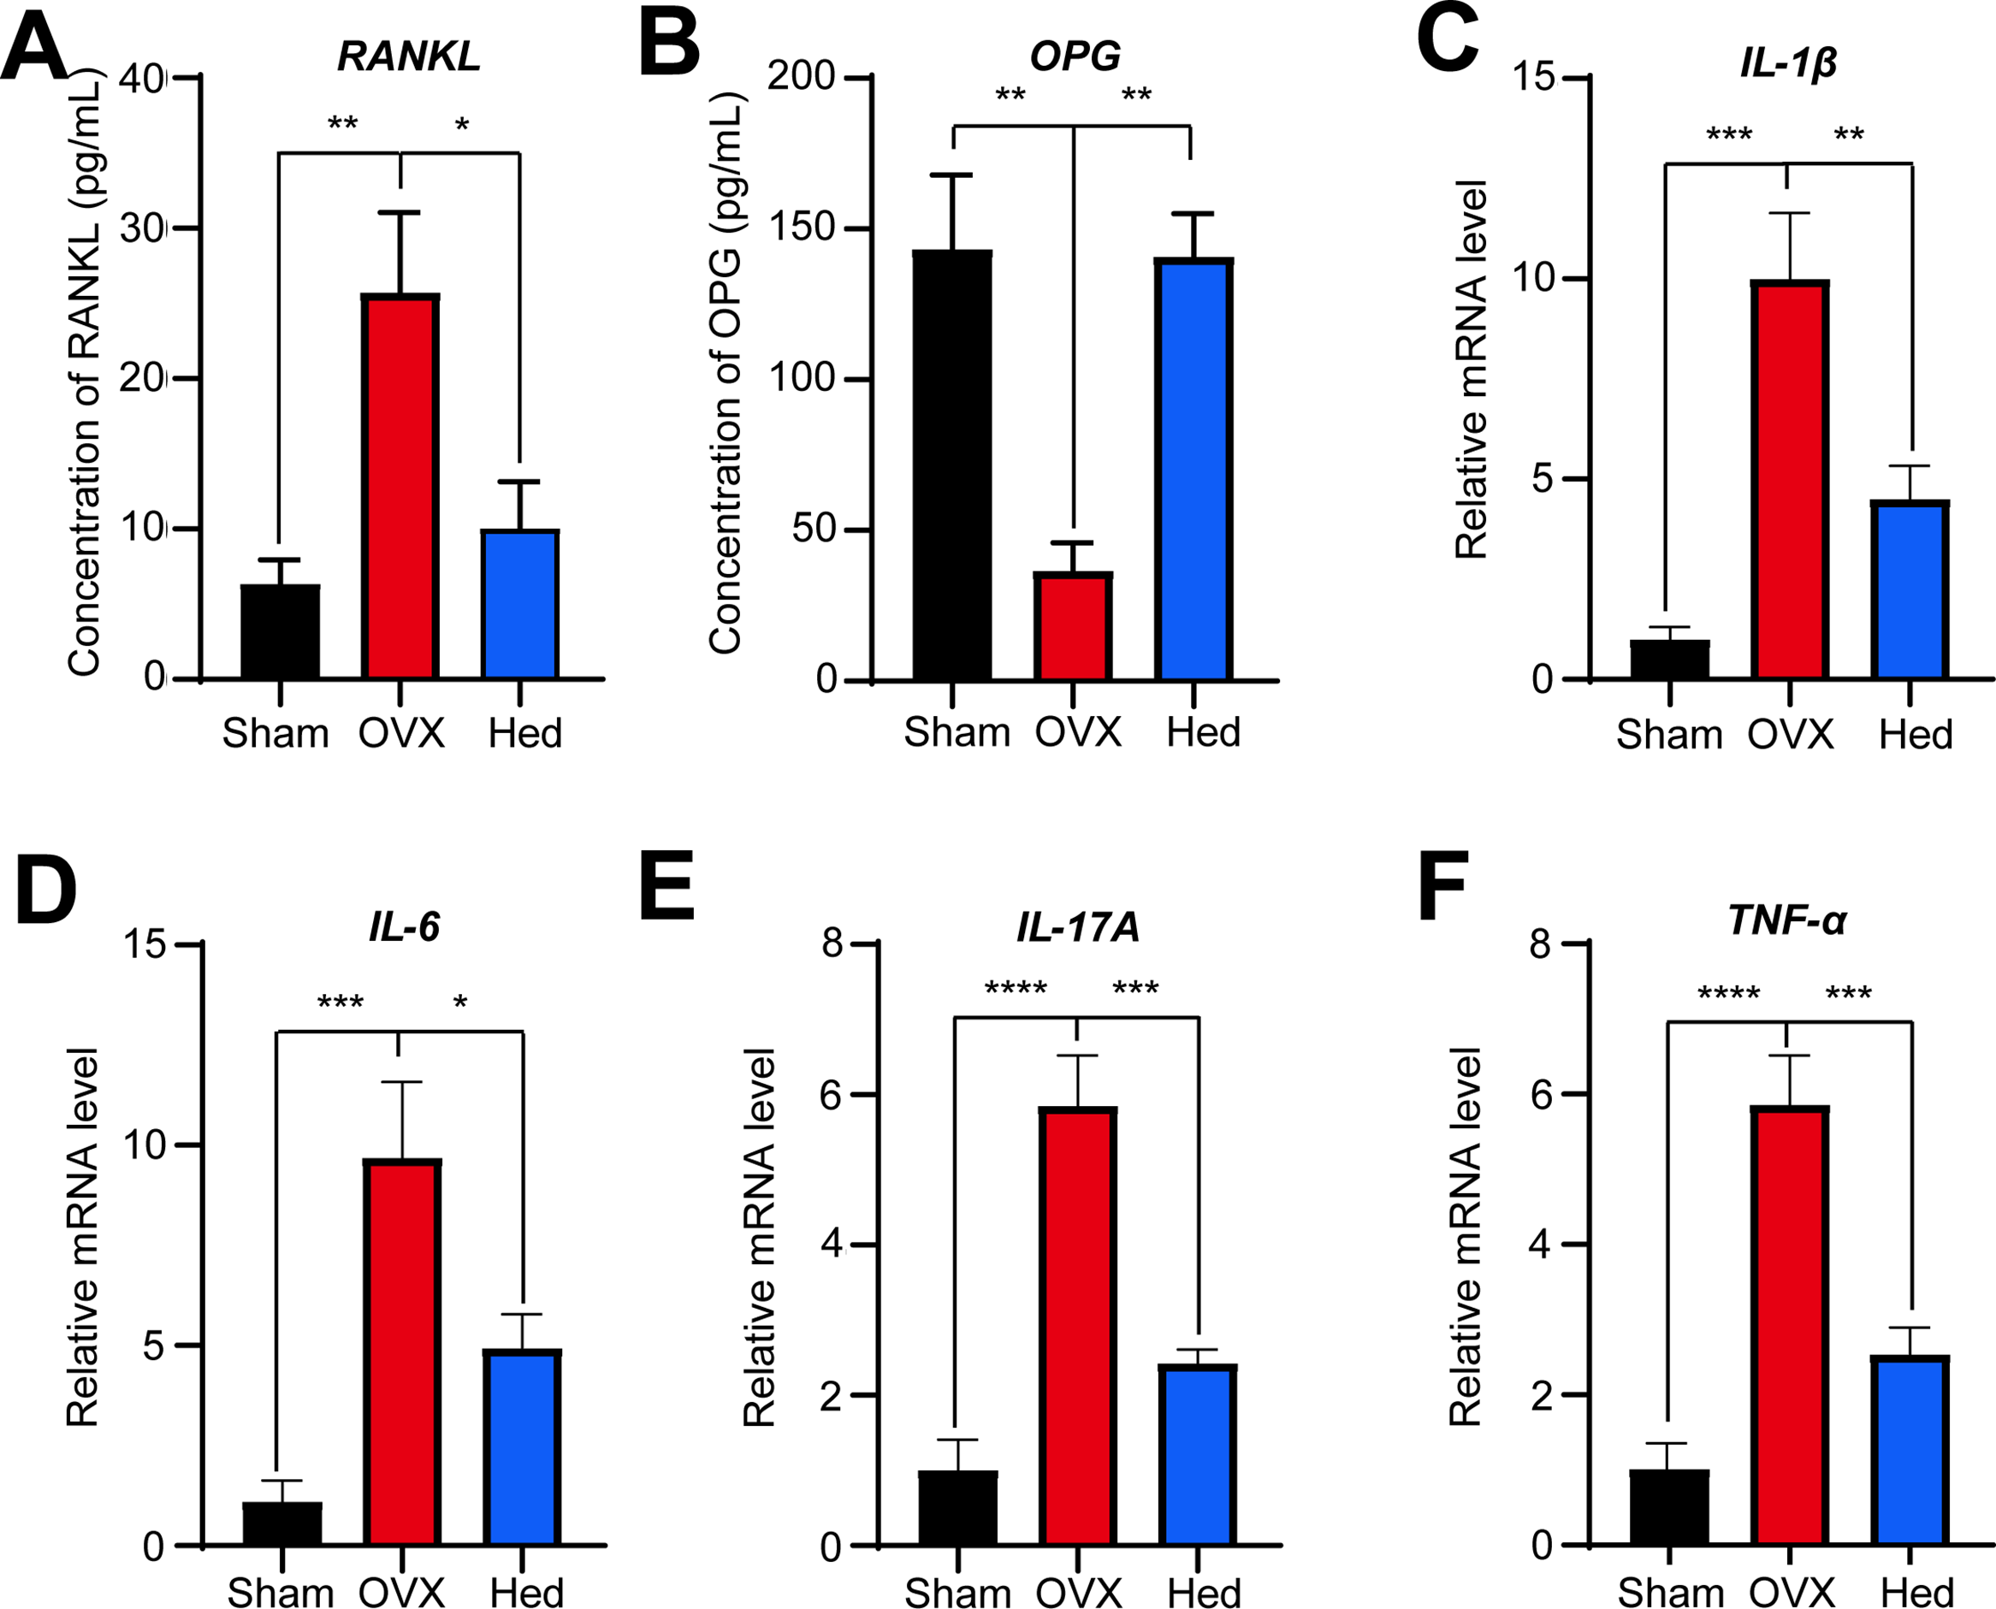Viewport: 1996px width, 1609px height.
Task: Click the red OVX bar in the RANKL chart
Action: tap(400, 487)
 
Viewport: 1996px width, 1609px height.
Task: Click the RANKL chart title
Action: tap(409, 56)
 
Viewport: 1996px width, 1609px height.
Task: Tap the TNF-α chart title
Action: tap(1786, 920)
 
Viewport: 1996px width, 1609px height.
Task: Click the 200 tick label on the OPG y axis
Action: tap(801, 76)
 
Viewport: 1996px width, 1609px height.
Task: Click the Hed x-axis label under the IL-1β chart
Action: tap(1916, 735)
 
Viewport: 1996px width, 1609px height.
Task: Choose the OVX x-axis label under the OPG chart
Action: tap(1077, 732)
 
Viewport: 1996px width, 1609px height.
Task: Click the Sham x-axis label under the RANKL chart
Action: tap(275, 734)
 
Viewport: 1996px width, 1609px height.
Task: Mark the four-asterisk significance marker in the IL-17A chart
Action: tap(1016, 989)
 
